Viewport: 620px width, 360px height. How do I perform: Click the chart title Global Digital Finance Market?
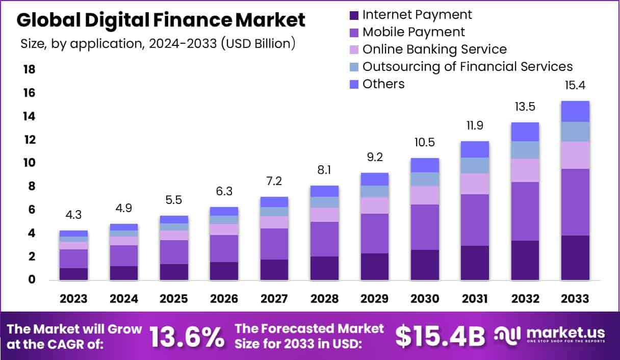coord(161,20)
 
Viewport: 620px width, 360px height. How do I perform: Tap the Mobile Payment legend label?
coord(414,32)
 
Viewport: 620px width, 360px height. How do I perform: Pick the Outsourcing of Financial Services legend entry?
coord(467,66)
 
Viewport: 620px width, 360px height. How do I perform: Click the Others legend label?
coord(383,84)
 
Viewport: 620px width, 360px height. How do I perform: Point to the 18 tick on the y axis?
coord(29,69)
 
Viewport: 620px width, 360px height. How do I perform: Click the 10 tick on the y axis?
coord(29,163)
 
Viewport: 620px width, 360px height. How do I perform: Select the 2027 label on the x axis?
coord(274,299)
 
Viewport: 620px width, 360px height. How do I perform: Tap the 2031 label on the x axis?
coord(475,299)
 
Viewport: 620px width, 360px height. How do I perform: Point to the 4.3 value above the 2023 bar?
coord(73,216)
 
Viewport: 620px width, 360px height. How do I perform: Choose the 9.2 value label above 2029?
coord(375,158)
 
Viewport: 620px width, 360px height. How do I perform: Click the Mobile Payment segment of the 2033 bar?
coord(575,202)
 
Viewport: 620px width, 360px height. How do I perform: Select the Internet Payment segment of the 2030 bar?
coord(425,265)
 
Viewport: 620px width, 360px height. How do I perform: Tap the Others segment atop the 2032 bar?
coord(525,132)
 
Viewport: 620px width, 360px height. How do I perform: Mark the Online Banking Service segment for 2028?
coord(324,215)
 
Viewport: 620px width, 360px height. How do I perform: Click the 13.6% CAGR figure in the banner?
coord(187,336)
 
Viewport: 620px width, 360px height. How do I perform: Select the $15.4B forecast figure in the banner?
coord(440,336)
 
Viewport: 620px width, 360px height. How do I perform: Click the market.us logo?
coord(551,336)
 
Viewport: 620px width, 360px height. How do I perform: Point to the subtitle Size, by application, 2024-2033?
coord(158,44)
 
